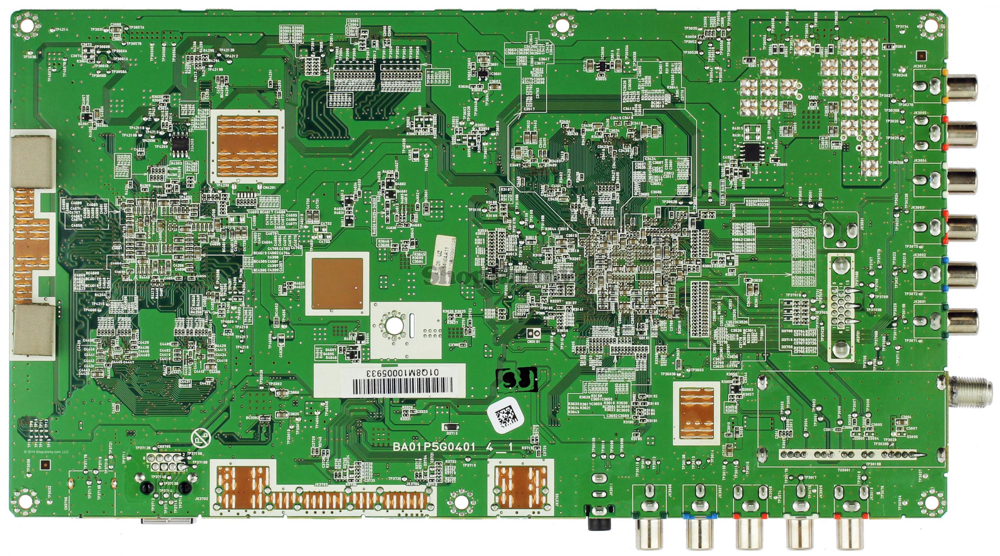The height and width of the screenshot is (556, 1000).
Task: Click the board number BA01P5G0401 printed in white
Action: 434,447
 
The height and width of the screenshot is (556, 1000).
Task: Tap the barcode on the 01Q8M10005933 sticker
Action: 402,386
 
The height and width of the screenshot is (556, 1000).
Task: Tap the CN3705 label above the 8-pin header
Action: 164,447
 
